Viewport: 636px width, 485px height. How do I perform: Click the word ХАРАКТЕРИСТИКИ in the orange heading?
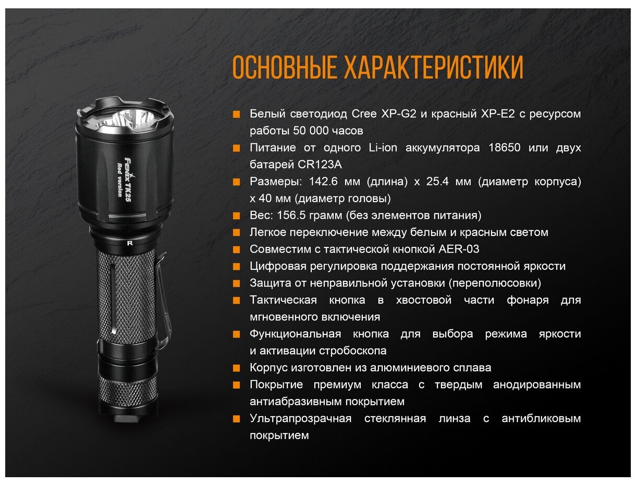[434, 67]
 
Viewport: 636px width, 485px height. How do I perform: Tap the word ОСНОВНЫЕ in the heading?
[285, 67]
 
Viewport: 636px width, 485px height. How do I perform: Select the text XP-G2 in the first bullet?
[398, 114]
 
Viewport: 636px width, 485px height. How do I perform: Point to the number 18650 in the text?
[505, 147]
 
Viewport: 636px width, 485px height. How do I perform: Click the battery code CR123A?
[320, 165]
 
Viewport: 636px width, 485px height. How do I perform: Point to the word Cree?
[364, 114]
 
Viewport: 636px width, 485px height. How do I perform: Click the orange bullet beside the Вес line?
[237, 216]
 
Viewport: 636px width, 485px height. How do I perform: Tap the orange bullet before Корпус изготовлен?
[237, 368]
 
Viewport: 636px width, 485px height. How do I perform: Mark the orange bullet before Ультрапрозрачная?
[237, 419]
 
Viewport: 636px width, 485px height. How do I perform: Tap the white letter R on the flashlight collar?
[130, 243]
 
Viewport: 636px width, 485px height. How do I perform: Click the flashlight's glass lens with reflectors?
[125, 118]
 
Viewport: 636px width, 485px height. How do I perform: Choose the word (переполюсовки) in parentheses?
[495, 283]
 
